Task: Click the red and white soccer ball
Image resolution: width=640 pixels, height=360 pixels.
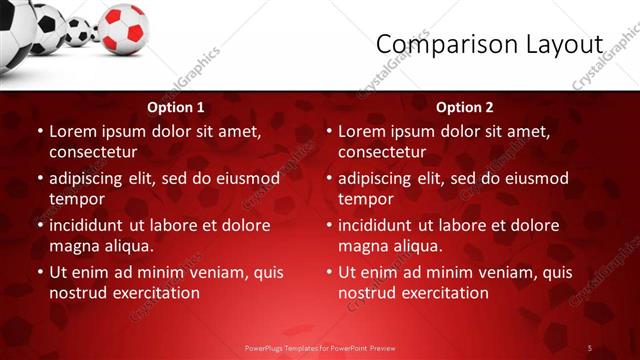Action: (x=124, y=27)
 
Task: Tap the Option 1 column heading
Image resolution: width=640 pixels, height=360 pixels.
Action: (x=176, y=107)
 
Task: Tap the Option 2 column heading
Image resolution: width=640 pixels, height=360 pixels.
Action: (x=465, y=107)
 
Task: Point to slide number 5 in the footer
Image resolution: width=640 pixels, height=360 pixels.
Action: (x=590, y=347)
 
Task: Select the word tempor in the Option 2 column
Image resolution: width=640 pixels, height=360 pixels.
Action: (x=365, y=199)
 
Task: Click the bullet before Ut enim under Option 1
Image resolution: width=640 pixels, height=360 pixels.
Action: (x=40, y=272)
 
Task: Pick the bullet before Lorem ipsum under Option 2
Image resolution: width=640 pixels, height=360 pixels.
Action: (x=329, y=131)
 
